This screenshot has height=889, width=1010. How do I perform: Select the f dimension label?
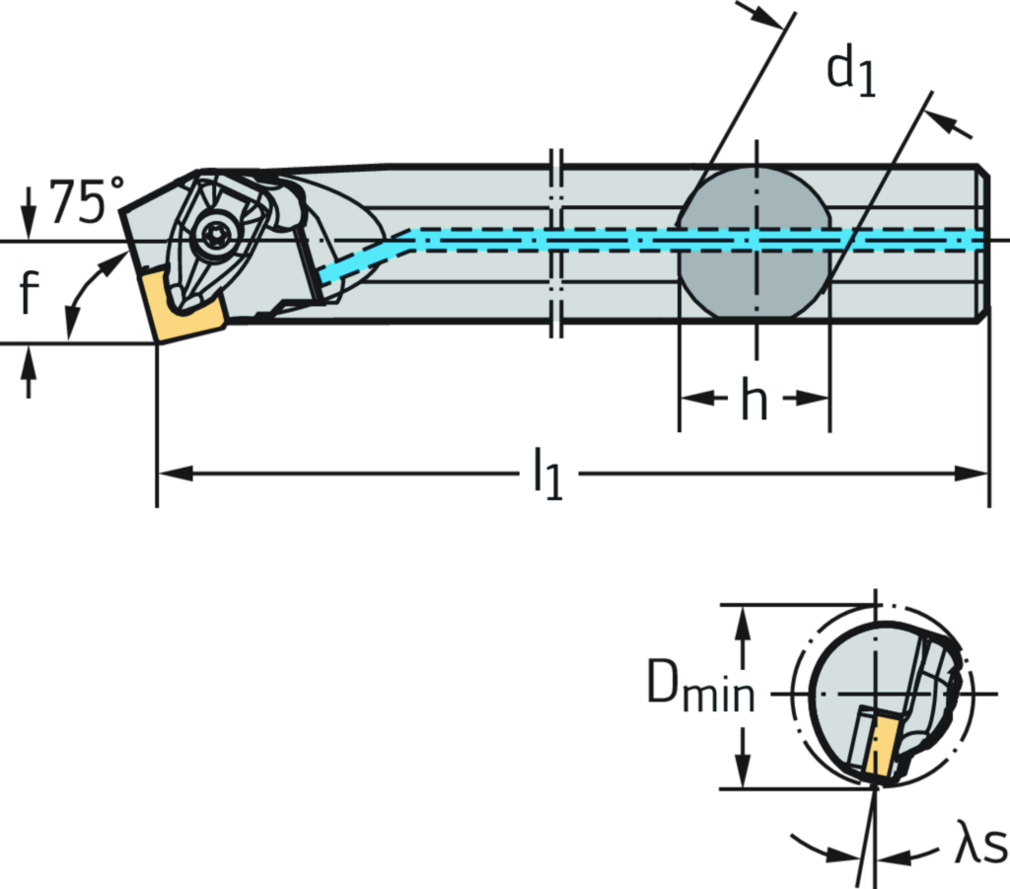pos(28,293)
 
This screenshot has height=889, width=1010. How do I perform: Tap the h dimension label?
pos(756,399)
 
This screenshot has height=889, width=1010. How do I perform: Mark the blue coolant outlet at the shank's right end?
pos(976,240)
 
